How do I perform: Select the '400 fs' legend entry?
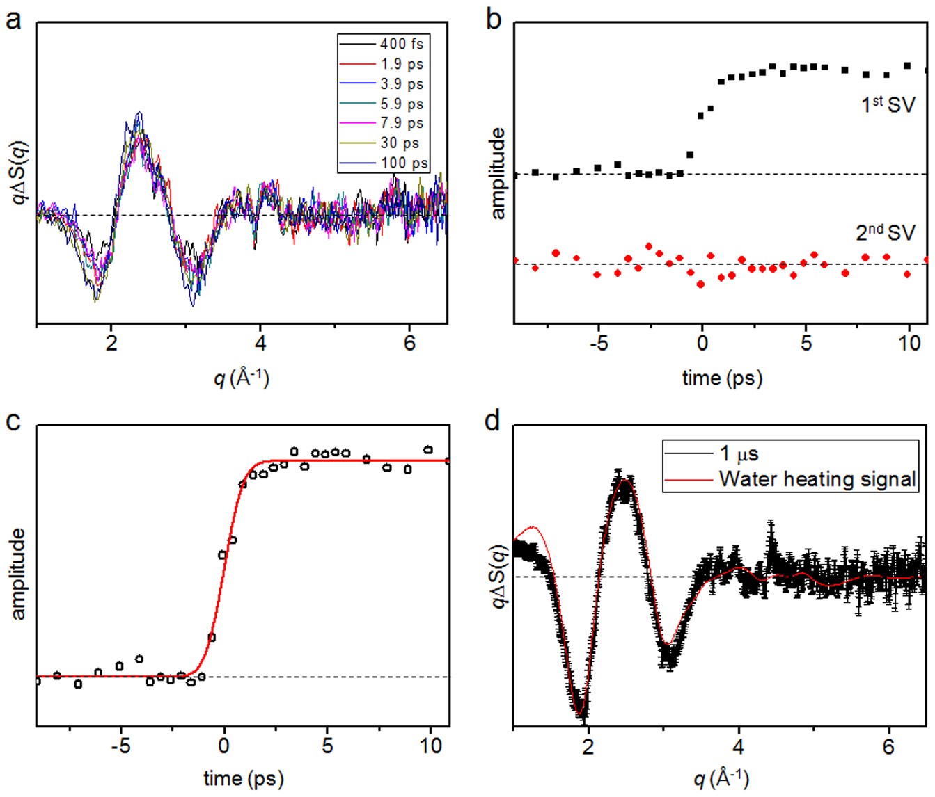[401, 44]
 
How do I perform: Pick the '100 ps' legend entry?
[403, 163]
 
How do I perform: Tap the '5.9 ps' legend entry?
[401, 104]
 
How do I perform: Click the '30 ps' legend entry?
[399, 143]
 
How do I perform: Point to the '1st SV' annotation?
[888, 104]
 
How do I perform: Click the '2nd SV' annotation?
[885, 232]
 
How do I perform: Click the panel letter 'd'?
[493, 420]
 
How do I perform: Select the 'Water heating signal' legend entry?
[817, 478]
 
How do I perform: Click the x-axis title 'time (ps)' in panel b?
[722, 378]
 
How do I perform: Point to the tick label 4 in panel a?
[260, 343]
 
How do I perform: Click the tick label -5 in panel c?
[120, 746]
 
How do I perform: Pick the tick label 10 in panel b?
[909, 343]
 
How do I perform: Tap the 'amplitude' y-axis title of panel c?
[17, 573]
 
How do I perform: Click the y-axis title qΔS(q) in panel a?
[19, 172]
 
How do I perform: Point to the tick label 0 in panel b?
[702, 343]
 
